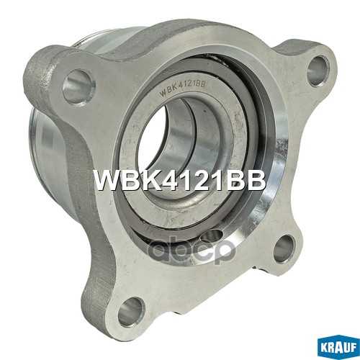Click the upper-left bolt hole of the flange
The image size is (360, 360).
click(x=78, y=86)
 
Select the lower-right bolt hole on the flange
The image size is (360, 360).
click(x=284, y=249)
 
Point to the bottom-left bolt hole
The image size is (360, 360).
click(x=132, y=311)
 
